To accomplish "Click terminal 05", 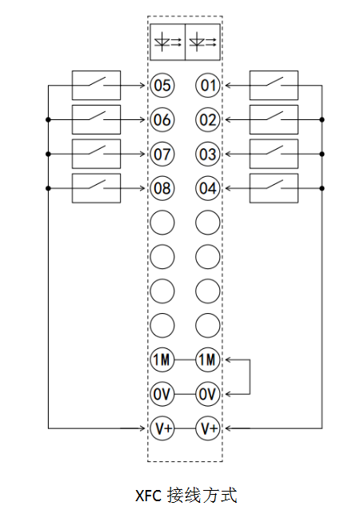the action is (x=162, y=86).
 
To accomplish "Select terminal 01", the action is (x=208, y=86).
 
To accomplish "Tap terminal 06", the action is (x=162, y=120).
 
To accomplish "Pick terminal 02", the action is (x=208, y=120).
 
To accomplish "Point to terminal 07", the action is (x=162, y=154).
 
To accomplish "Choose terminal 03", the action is (x=208, y=154).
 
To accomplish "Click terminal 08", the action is (x=162, y=188).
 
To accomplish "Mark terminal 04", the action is (x=208, y=188).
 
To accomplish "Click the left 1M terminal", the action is (x=162, y=359).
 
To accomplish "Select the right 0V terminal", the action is (x=208, y=394).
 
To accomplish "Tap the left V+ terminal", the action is (x=162, y=428).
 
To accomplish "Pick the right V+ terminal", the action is (x=208, y=428).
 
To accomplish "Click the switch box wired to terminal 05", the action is (x=96, y=85).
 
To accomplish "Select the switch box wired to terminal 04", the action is (x=274, y=188).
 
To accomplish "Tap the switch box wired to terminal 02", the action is (x=274, y=120).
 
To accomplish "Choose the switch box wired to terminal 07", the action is (x=96, y=154).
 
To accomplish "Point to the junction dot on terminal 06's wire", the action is (x=48, y=120).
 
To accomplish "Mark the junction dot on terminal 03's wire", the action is (x=322, y=154).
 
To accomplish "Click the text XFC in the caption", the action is (x=148, y=496).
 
